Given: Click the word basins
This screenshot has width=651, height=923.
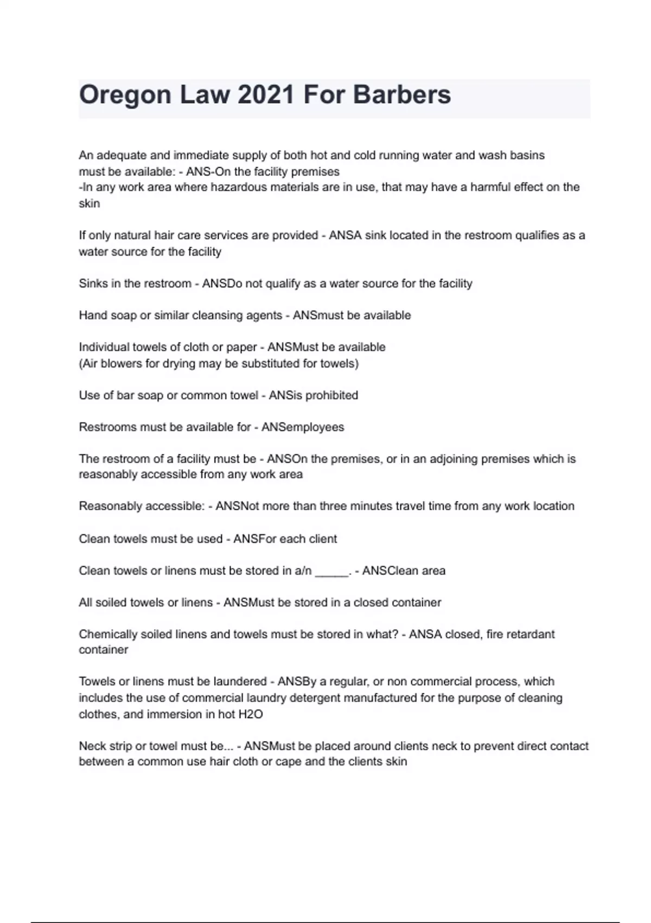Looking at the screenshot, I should pos(526,155).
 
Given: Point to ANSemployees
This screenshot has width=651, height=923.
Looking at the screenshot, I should pos(303,427).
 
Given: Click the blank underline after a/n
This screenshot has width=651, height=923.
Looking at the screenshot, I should pos(331,571).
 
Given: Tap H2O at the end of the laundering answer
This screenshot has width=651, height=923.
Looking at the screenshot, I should pos(251,715).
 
